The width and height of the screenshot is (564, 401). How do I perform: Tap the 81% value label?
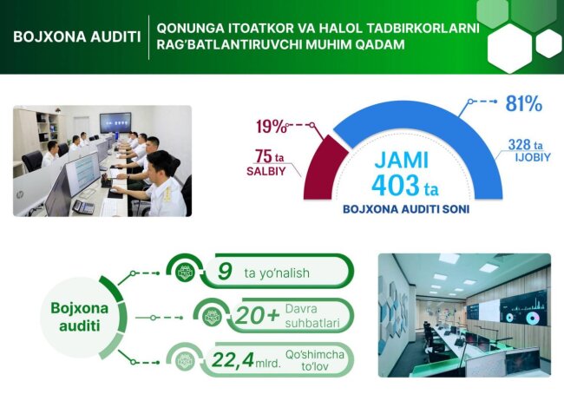tap(523, 104)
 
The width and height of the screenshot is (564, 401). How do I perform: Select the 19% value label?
tap(271, 127)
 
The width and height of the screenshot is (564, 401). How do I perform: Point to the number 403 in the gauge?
tap(395, 184)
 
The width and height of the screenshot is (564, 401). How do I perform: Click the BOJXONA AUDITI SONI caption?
tap(403, 209)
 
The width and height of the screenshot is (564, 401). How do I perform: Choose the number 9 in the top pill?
tap(224, 273)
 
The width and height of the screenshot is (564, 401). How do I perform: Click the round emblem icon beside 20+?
tap(209, 317)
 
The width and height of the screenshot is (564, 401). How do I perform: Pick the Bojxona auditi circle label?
tap(76, 316)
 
